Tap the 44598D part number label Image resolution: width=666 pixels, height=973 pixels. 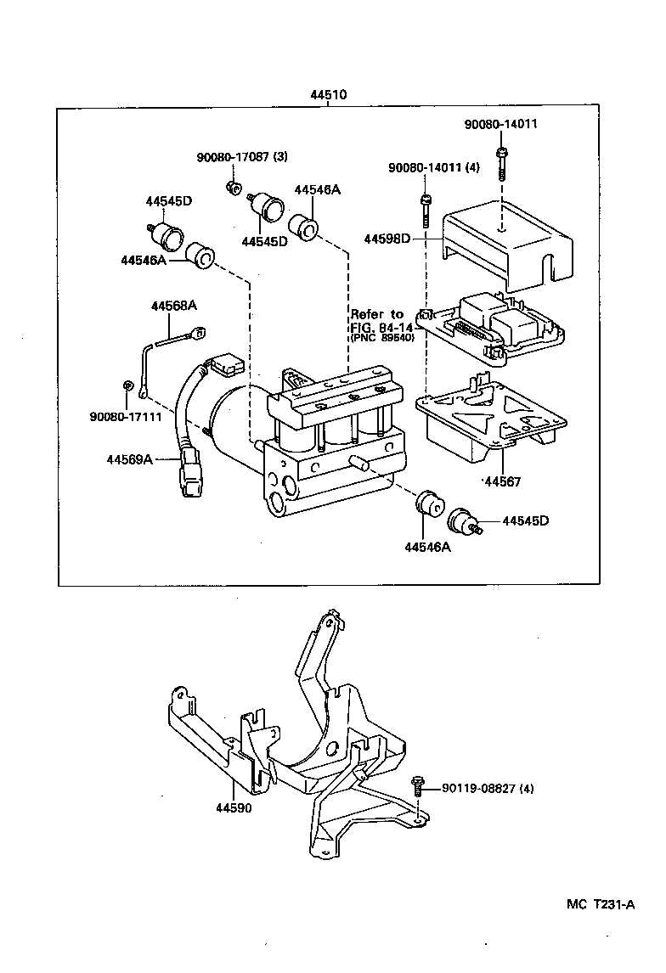click(387, 239)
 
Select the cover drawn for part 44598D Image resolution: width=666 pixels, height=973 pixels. click(507, 237)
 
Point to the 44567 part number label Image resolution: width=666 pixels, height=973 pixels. click(502, 481)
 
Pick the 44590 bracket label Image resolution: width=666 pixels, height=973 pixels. click(234, 807)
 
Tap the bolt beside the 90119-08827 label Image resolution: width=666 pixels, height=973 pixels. click(418, 786)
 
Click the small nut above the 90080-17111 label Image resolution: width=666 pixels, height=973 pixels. click(127, 386)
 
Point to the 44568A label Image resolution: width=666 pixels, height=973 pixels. click(173, 305)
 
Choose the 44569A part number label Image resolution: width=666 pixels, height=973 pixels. click(129, 459)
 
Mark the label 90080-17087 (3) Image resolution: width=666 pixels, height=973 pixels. click(242, 157)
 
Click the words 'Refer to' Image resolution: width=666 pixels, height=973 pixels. click(377, 314)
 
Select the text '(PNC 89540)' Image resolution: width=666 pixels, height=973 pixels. click(381, 338)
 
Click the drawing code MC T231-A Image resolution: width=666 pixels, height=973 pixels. click(601, 904)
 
